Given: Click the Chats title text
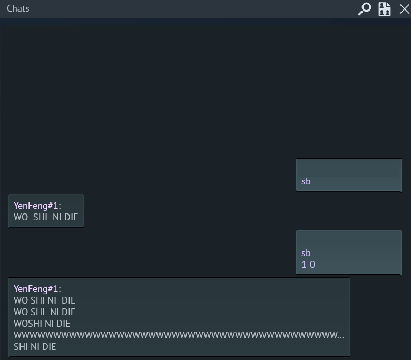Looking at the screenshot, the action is [18, 8].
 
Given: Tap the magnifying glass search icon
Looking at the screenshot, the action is [365, 9].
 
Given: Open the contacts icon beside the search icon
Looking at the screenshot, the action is [385, 9].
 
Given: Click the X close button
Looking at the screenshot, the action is [405, 9].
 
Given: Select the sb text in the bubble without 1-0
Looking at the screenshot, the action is [306, 181].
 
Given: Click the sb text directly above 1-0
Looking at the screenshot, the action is [306, 253].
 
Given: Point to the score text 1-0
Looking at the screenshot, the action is [308, 265].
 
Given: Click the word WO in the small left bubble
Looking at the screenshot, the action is [21, 217].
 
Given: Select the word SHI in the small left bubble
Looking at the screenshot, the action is [40, 217].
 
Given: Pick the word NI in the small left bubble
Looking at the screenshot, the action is [57, 217].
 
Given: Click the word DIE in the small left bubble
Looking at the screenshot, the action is [71, 217].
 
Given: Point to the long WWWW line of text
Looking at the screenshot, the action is [179, 335].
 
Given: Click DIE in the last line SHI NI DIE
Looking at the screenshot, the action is [49, 347].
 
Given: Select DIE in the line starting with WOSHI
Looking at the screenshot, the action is [63, 324].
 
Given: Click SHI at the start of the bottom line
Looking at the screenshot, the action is [21, 347].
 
